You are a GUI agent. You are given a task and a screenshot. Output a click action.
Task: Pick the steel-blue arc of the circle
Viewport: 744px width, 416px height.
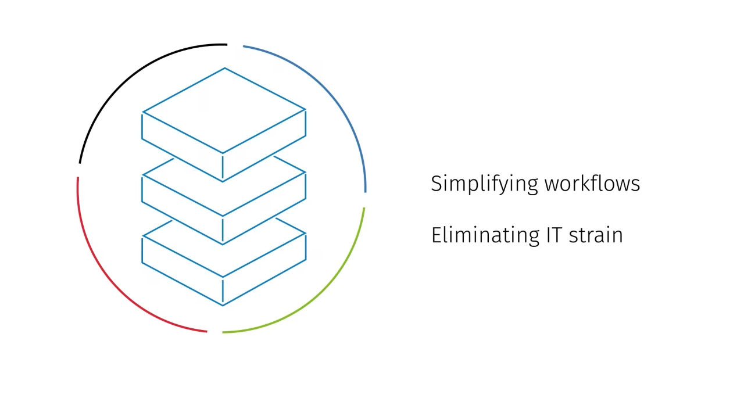331,99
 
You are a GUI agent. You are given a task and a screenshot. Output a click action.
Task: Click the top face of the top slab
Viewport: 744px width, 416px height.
224,110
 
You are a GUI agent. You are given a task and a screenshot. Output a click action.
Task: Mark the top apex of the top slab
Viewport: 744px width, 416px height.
225,69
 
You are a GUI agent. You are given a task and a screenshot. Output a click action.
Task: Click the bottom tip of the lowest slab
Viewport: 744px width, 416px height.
223,304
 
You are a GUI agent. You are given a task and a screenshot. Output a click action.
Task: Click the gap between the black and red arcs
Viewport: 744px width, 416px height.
78,170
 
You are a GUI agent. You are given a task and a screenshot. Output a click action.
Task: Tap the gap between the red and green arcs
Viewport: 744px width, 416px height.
215,332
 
